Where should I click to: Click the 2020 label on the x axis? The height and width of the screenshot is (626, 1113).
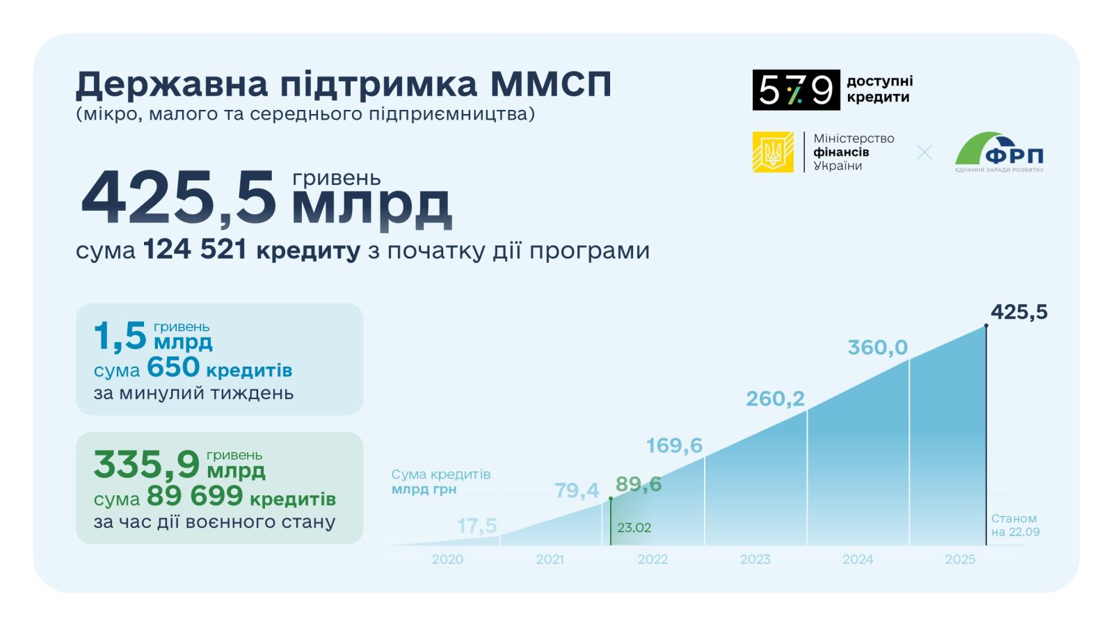pyautogui.click(x=447, y=559)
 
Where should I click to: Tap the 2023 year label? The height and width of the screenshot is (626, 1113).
pyautogui.click(x=755, y=559)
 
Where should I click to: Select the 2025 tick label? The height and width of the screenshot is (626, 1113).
pyautogui.click(x=960, y=559)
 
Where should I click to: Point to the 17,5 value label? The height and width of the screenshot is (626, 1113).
pyautogui.click(x=477, y=526)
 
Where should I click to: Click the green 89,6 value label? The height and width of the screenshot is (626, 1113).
pyautogui.click(x=639, y=484)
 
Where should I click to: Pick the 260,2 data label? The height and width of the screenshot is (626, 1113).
pyautogui.click(x=775, y=399)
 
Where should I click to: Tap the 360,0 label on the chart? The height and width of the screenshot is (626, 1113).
pyautogui.click(x=877, y=347)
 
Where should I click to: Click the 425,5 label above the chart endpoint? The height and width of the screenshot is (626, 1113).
pyautogui.click(x=1019, y=312)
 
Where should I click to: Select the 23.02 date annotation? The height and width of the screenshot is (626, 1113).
pyautogui.click(x=634, y=528)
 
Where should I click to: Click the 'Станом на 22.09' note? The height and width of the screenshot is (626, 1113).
pyautogui.click(x=1015, y=525)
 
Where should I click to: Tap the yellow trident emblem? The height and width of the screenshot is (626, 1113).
pyautogui.click(x=773, y=152)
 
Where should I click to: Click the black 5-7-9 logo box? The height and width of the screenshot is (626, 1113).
pyautogui.click(x=796, y=90)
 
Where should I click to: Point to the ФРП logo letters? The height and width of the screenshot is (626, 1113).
pyautogui.click(x=1014, y=156)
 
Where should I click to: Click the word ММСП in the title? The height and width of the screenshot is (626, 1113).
pyautogui.click(x=551, y=84)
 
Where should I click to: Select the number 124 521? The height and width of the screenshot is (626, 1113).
pyautogui.click(x=195, y=249)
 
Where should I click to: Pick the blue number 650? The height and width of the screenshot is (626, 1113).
pyautogui.click(x=173, y=367)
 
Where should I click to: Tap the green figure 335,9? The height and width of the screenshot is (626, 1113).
pyautogui.click(x=147, y=465)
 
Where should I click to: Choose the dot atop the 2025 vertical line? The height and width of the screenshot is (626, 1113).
pyautogui.click(x=986, y=326)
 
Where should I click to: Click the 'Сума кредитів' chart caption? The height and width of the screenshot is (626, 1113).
pyautogui.click(x=441, y=474)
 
